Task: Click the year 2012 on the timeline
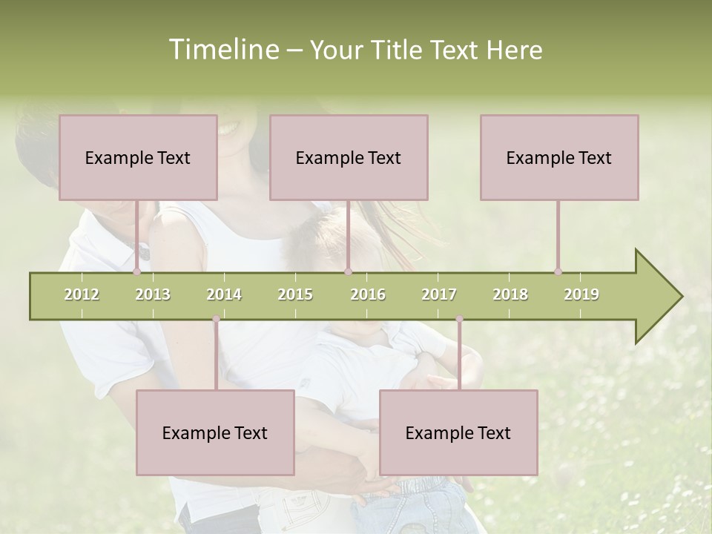pos(82,294)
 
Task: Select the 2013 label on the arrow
pos(153,294)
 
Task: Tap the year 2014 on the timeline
pos(224,294)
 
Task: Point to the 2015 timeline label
pos(295,294)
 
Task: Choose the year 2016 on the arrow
pos(368,294)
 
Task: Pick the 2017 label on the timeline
pos(439,294)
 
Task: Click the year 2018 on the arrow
pos(510,294)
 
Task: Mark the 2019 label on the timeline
pos(581,294)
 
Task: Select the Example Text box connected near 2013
pos(138,157)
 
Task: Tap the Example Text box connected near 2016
pos(349,157)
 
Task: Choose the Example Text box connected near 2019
pos(559,157)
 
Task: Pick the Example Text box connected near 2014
pos(215,432)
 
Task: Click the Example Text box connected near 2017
pos(458,432)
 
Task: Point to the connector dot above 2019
pos(558,272)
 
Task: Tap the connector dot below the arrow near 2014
pos(216,320)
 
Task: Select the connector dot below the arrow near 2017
pos(459,320)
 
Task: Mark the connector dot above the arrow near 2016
pos(348,272)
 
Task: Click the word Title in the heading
pos(399,50)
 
